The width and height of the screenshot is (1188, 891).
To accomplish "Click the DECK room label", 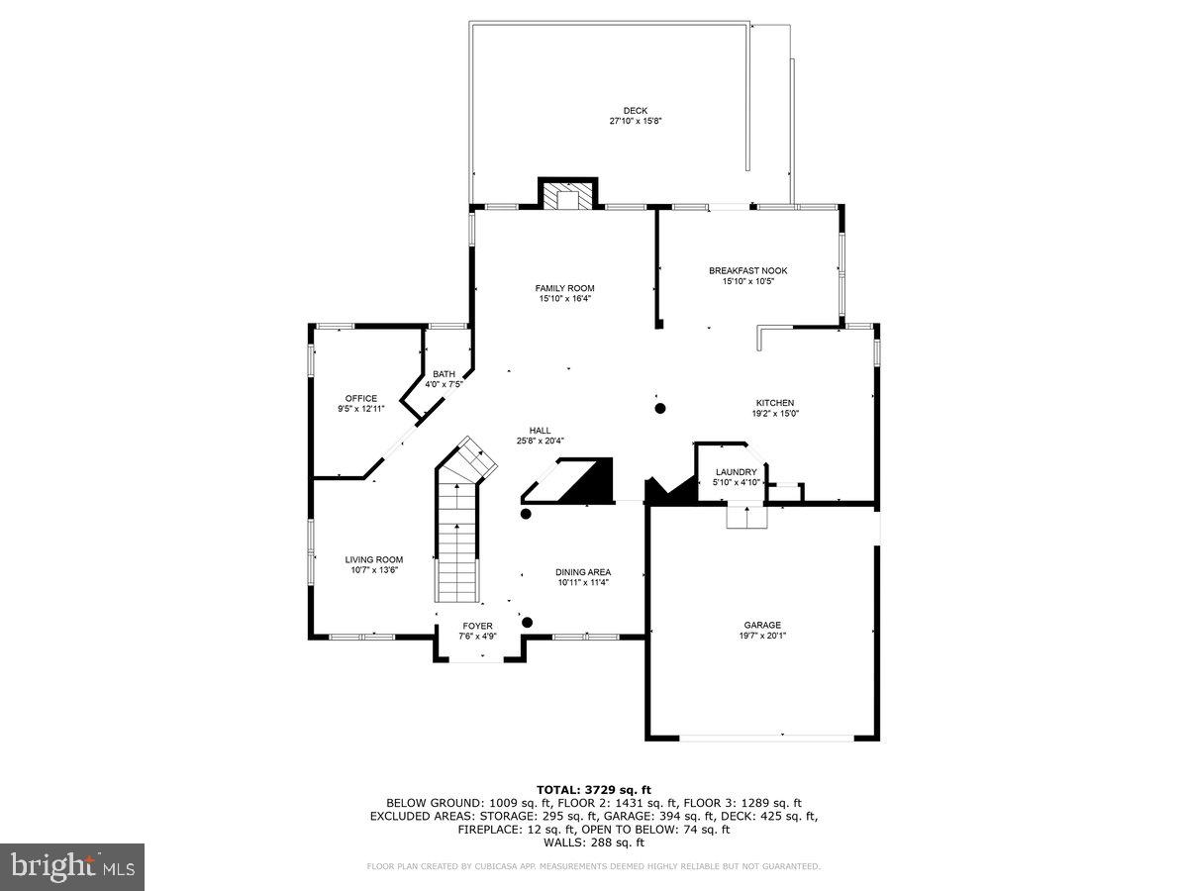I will point(635,111).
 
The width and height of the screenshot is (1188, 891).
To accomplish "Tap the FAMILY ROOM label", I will point(566,288).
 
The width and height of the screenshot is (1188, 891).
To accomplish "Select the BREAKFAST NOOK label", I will point(747,270).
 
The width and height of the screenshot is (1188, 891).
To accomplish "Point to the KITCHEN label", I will point(775,403).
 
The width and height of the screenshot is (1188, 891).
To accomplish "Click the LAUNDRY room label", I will point(736,472).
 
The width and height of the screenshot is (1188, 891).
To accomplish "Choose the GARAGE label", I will point(762,625).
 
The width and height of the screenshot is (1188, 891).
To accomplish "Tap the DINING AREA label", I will point(582,572).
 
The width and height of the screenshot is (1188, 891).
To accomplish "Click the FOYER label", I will point(477,626).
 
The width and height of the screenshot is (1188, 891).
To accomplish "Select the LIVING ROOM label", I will point(374,559).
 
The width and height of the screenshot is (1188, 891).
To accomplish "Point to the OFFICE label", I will point(360,398).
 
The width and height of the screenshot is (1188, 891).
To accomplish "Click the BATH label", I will point(444,373).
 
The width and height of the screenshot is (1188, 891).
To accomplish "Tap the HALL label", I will point(540,430).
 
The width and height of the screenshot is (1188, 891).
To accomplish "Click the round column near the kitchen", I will point(659,408).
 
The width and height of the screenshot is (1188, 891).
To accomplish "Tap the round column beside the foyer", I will point(528,622).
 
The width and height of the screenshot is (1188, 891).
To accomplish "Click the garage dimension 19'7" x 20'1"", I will point(762,636).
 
